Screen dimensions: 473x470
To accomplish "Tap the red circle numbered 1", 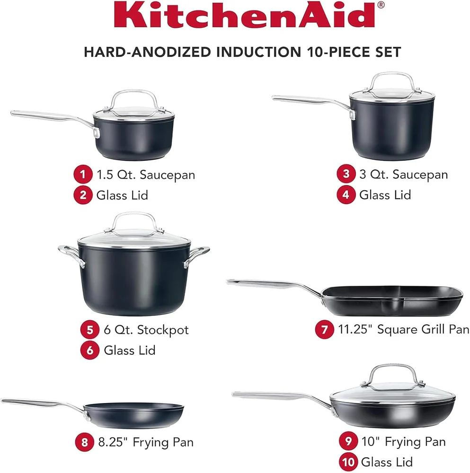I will (83, 175).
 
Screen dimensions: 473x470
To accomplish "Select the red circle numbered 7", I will (324, 330).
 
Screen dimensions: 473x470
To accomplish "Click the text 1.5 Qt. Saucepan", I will (146, 175).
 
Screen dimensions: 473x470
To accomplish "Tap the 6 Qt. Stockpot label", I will (146, 329).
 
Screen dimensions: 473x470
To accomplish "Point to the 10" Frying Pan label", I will (403, 442).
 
